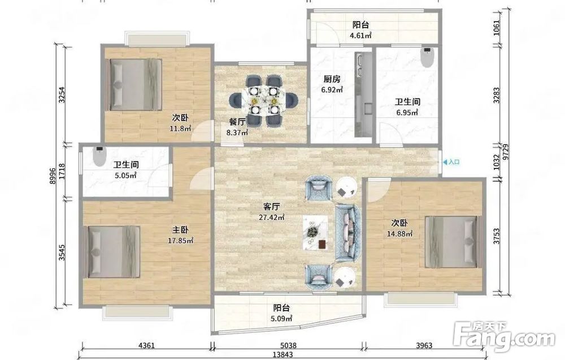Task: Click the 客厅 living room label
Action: tap(271, 207)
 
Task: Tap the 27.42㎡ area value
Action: tap(271, 217)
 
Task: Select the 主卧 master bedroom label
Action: tap(180, 229)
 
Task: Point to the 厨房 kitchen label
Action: tap(332, 79)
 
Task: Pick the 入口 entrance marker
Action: tap(451, 162)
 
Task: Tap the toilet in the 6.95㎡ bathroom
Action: tap(427, 57)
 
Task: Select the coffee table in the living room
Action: tap(315, 232)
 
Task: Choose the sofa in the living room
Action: tap(348, 232)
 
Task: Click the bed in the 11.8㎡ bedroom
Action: tap(135, 84)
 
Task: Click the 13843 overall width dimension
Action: tap(283, 354)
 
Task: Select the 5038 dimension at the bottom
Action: tap(287, 345)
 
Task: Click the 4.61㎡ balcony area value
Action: tap(360, 35)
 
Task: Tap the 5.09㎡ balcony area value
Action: tap(281, 319)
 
